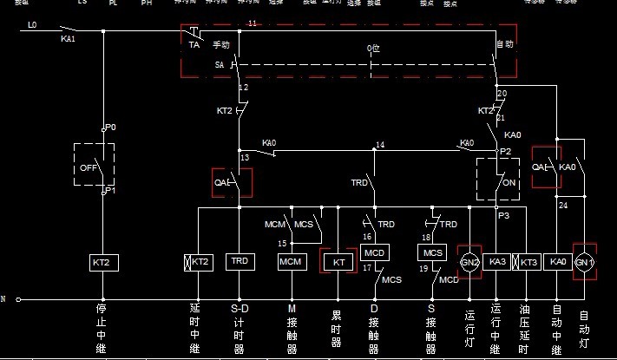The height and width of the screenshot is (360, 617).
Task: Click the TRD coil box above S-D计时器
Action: point(239,261)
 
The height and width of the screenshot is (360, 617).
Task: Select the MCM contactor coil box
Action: point(291,261)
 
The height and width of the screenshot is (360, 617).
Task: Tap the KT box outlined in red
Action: point(338,261)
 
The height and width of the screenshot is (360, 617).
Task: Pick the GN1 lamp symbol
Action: point(584,261)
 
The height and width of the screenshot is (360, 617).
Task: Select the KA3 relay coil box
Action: point(497,261)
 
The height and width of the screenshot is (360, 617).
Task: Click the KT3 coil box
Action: point(528,261)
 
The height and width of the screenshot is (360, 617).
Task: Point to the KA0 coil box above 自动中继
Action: point(556,261)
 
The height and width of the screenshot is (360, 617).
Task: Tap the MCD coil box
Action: point(374,252)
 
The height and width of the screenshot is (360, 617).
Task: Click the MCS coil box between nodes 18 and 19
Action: point(431,252)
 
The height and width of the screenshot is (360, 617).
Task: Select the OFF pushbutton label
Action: point(89,167)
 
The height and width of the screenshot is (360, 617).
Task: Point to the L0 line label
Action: point(32,25)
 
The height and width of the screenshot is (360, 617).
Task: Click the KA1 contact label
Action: point(68,39)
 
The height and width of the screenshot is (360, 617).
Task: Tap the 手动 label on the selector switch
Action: point(220,44)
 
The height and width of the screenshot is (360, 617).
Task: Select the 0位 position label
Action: point(373,48)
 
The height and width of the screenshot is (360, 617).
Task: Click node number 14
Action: point(380,145)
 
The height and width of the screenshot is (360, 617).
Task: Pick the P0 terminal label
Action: point(111,128)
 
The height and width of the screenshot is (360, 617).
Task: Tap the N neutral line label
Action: point(3,299)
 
